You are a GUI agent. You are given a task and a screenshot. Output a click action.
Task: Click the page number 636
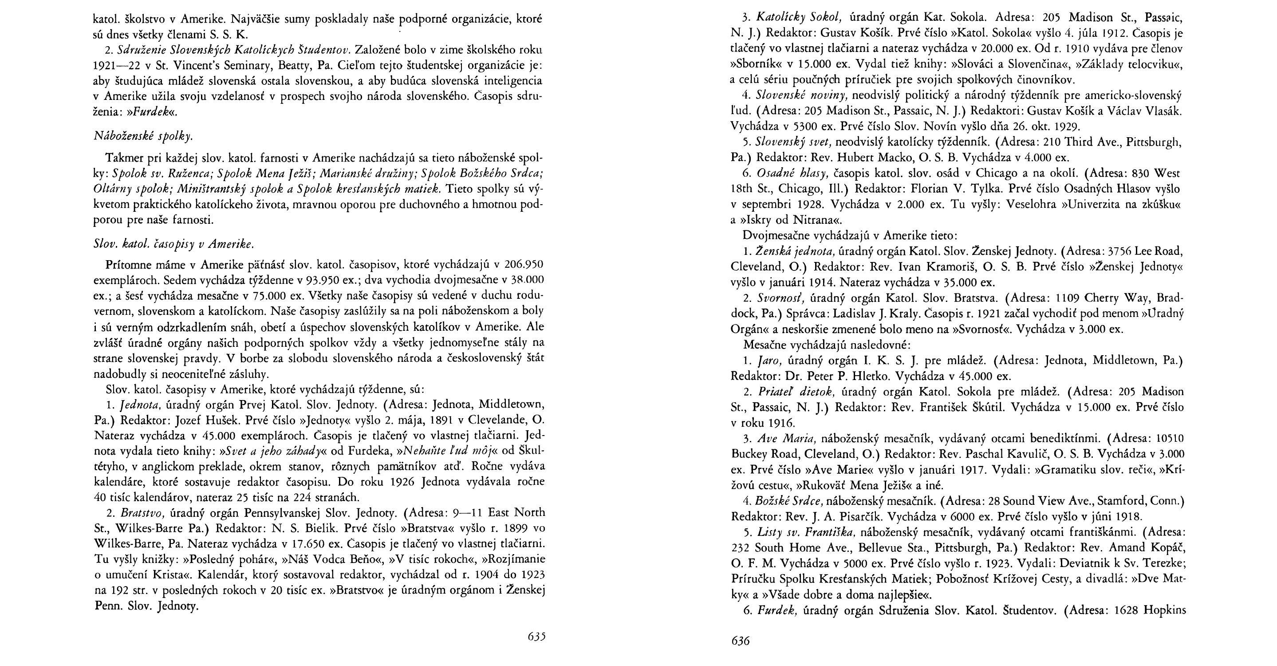point(741,641)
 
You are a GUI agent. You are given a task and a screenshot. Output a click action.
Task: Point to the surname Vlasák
point(1158,111)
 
